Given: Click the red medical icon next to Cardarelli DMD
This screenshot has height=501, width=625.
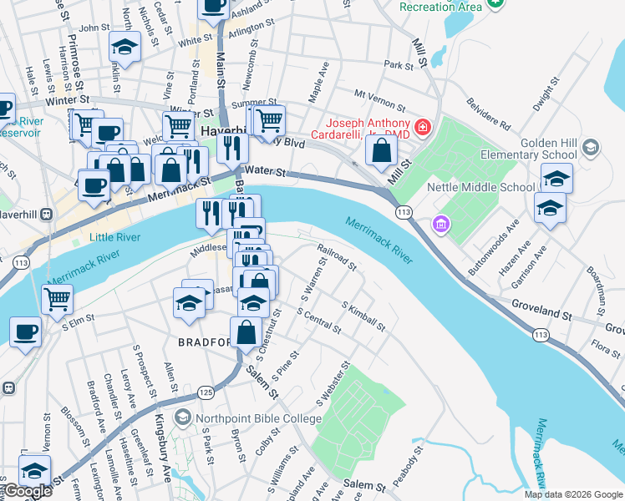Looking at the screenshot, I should [424, 128].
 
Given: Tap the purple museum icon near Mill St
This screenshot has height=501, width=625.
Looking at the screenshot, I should [440, 224].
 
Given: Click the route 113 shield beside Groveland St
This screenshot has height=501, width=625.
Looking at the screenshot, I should [541, 335].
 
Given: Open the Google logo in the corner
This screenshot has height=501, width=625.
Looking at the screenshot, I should [27, 492].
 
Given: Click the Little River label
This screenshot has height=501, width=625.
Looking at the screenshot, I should [115, 237].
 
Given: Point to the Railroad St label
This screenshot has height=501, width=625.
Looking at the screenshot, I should [337, 257].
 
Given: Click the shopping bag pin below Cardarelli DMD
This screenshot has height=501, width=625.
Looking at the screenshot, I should [382, 151].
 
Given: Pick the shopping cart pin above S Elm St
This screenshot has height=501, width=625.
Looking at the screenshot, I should [57, 299].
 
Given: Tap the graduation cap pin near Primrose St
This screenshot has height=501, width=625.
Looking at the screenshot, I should [124, 47].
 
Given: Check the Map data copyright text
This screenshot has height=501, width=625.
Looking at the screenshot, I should [573, 494].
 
